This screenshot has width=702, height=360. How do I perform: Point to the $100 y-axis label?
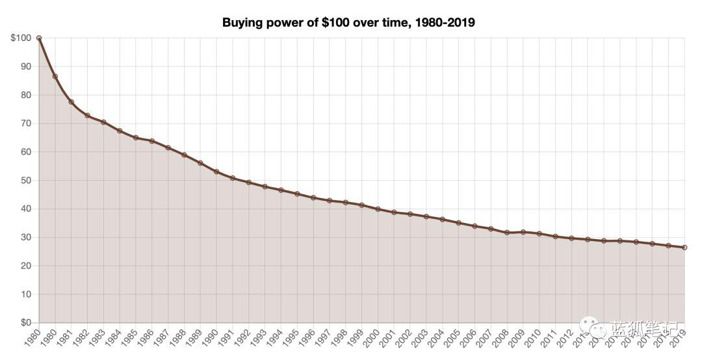(x=21, y=38)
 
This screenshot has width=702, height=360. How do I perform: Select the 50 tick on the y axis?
(x=26, y=180)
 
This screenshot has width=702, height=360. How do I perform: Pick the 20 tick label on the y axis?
(x=26, y=266)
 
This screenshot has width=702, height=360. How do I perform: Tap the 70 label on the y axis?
(x=26, y=123)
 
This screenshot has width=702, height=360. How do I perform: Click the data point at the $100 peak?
(x=39, y=38)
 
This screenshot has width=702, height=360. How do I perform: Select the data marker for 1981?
(x=71, y=102)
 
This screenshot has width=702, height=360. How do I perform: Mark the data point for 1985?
(x=136, y=138)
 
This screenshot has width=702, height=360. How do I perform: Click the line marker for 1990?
(x=216, y=172)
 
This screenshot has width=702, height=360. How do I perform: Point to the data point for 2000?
(x=378, y=209)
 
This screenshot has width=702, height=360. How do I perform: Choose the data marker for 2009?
(x=523, y=232)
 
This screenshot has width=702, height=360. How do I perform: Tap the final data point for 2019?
(x=684, y=248)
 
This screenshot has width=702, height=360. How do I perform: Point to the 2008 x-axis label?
(x=500, y=338)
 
